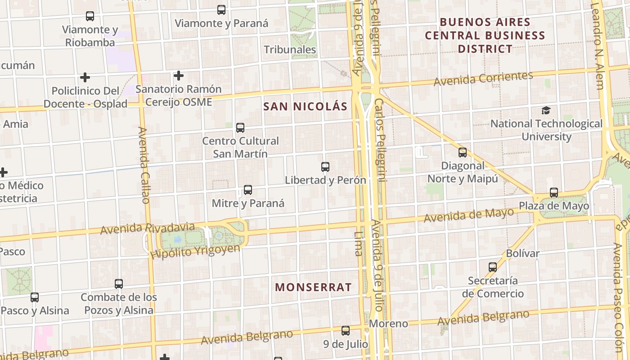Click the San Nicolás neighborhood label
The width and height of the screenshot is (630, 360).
coord(305,107)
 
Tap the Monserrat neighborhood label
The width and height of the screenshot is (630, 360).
coord(313,287)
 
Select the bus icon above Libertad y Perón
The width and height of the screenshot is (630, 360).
coord(325,167)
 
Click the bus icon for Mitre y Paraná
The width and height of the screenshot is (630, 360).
coord(248,190)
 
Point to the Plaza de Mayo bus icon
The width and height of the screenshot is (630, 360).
coord(554,193)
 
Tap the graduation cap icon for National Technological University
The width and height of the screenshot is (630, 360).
coord(546,110)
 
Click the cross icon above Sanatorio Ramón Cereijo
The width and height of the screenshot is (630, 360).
coord(179,76)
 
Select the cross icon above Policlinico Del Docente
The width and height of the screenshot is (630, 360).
coord(85,77)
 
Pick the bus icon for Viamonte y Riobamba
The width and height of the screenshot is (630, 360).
coord(90,16)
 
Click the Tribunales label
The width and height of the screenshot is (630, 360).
coord(290,49)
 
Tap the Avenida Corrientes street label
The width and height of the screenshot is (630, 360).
coord(483,78)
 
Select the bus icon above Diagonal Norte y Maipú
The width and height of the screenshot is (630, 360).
coord(463,153)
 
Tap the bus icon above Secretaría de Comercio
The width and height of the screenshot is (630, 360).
coord(493,267)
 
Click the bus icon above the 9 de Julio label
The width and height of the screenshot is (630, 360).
coord(346,331)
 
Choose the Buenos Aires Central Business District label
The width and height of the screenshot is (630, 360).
coord(485,35)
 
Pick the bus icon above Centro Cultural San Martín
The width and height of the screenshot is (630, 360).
coord(240,128)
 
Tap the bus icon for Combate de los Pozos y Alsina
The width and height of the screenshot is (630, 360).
coord(119,284)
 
